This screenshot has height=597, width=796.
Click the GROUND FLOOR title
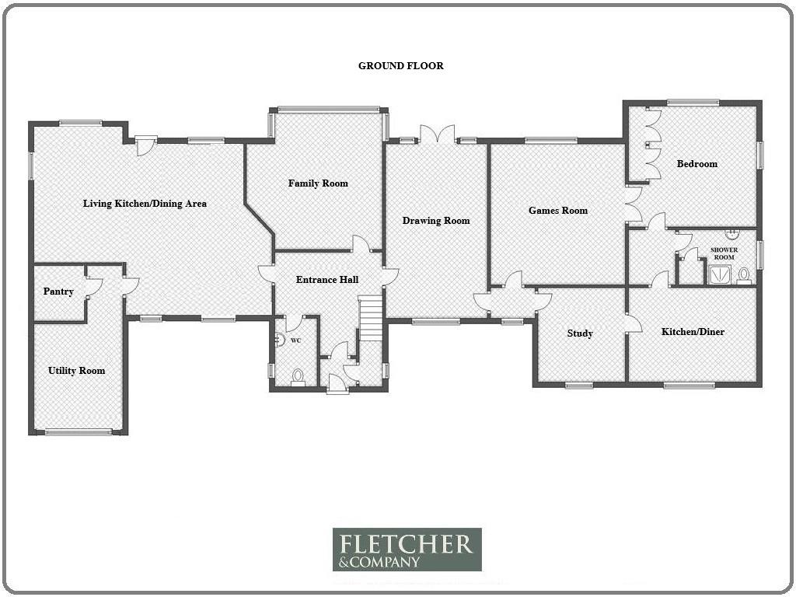401,65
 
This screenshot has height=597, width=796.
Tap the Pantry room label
58,292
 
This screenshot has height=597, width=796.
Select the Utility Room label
77,371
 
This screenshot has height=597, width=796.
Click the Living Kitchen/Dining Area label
145,204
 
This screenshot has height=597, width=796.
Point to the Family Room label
318,183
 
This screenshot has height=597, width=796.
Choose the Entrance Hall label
327,279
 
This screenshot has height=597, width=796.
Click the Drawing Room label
436,220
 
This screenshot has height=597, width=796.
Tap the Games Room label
558,210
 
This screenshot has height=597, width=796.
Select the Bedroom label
697,163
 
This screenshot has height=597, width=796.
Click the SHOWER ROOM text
724,253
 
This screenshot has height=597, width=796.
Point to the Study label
580,333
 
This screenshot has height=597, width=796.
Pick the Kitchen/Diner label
693,331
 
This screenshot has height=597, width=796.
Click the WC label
296,340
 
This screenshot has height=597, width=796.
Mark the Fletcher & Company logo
407,550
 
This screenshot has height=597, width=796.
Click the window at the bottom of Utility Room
79,432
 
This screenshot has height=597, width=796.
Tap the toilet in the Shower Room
744,274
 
